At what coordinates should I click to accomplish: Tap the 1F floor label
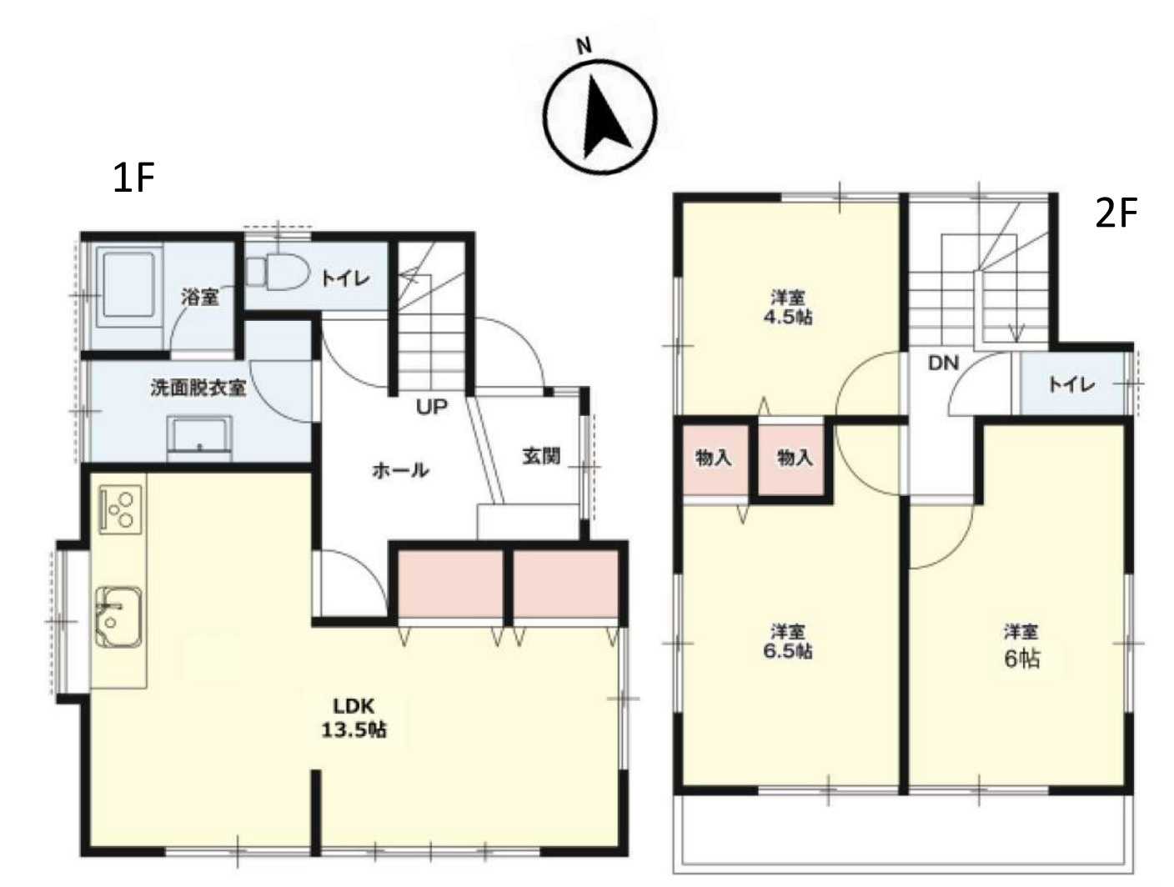coord(133,178)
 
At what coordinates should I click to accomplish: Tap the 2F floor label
coord(1116,213)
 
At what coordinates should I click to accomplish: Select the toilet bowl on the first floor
coord(278,272)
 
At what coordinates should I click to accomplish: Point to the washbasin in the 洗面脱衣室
coord(199,438)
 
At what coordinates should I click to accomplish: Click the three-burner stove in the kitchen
coord(121,509)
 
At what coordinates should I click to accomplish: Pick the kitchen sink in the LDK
coord(118,617)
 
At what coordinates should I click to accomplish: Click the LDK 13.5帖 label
coord(354,718)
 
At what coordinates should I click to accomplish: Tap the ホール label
coord(400,470)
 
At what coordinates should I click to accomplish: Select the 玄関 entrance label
coord(541,456)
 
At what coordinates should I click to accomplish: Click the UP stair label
coord(432,407)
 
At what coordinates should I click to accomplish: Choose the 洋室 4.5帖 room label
coord(788,306)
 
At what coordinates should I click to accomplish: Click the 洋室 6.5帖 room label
coord(788,642)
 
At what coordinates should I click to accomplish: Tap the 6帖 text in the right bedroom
coord(1021,659)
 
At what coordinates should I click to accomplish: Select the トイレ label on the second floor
coord(1071,384)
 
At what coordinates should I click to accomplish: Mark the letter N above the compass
coord(584,47)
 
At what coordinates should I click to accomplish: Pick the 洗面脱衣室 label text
coord(198,388)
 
